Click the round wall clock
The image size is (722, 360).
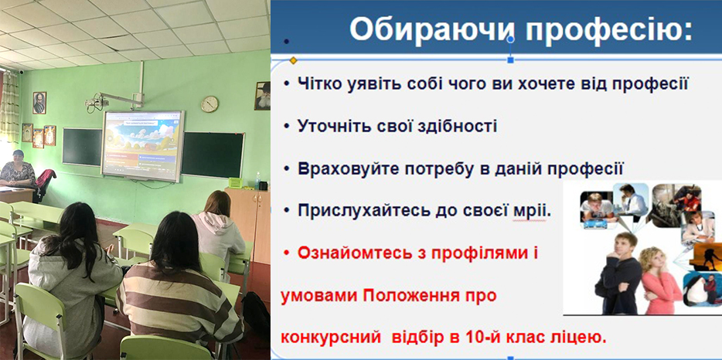209,104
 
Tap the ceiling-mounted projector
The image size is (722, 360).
94,103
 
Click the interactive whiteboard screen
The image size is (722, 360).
143,145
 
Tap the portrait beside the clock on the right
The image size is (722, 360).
263,96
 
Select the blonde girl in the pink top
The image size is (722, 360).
660,282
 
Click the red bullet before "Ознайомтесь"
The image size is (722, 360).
287,253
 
